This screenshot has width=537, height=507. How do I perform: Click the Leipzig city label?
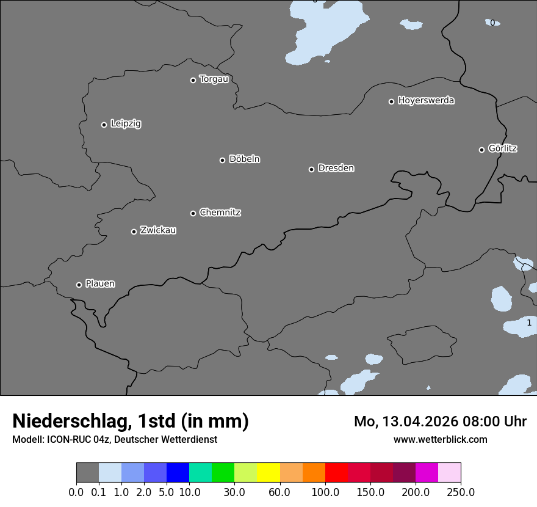click(x=126, y=124)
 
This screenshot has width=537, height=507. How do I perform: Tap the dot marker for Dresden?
click(x=311, y=169)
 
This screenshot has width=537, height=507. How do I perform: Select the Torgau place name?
click(x=214, y=79)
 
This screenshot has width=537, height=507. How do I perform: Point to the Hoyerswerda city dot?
click(x=392, y=101)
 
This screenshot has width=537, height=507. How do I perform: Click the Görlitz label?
click(x=503, y=148)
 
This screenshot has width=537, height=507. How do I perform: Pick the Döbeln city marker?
click(x=223, y=160)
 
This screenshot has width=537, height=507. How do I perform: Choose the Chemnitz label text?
click(x=220, y=213)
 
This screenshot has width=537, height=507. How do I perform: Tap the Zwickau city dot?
click(x=134, y=232)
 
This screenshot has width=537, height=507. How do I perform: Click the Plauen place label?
click(x=100, y=283)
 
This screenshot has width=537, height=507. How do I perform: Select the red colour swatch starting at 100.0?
click(x=336, y=473)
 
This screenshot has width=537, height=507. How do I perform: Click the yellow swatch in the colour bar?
click(x=268, y=473)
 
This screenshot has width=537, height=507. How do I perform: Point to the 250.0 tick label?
click(x=461, y=492)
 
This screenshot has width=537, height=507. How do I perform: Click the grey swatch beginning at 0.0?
click(x=87, y=473)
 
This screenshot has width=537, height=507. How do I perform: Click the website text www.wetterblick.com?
click(x=441, y=439)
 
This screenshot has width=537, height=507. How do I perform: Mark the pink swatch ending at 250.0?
click(x=449, y=473)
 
